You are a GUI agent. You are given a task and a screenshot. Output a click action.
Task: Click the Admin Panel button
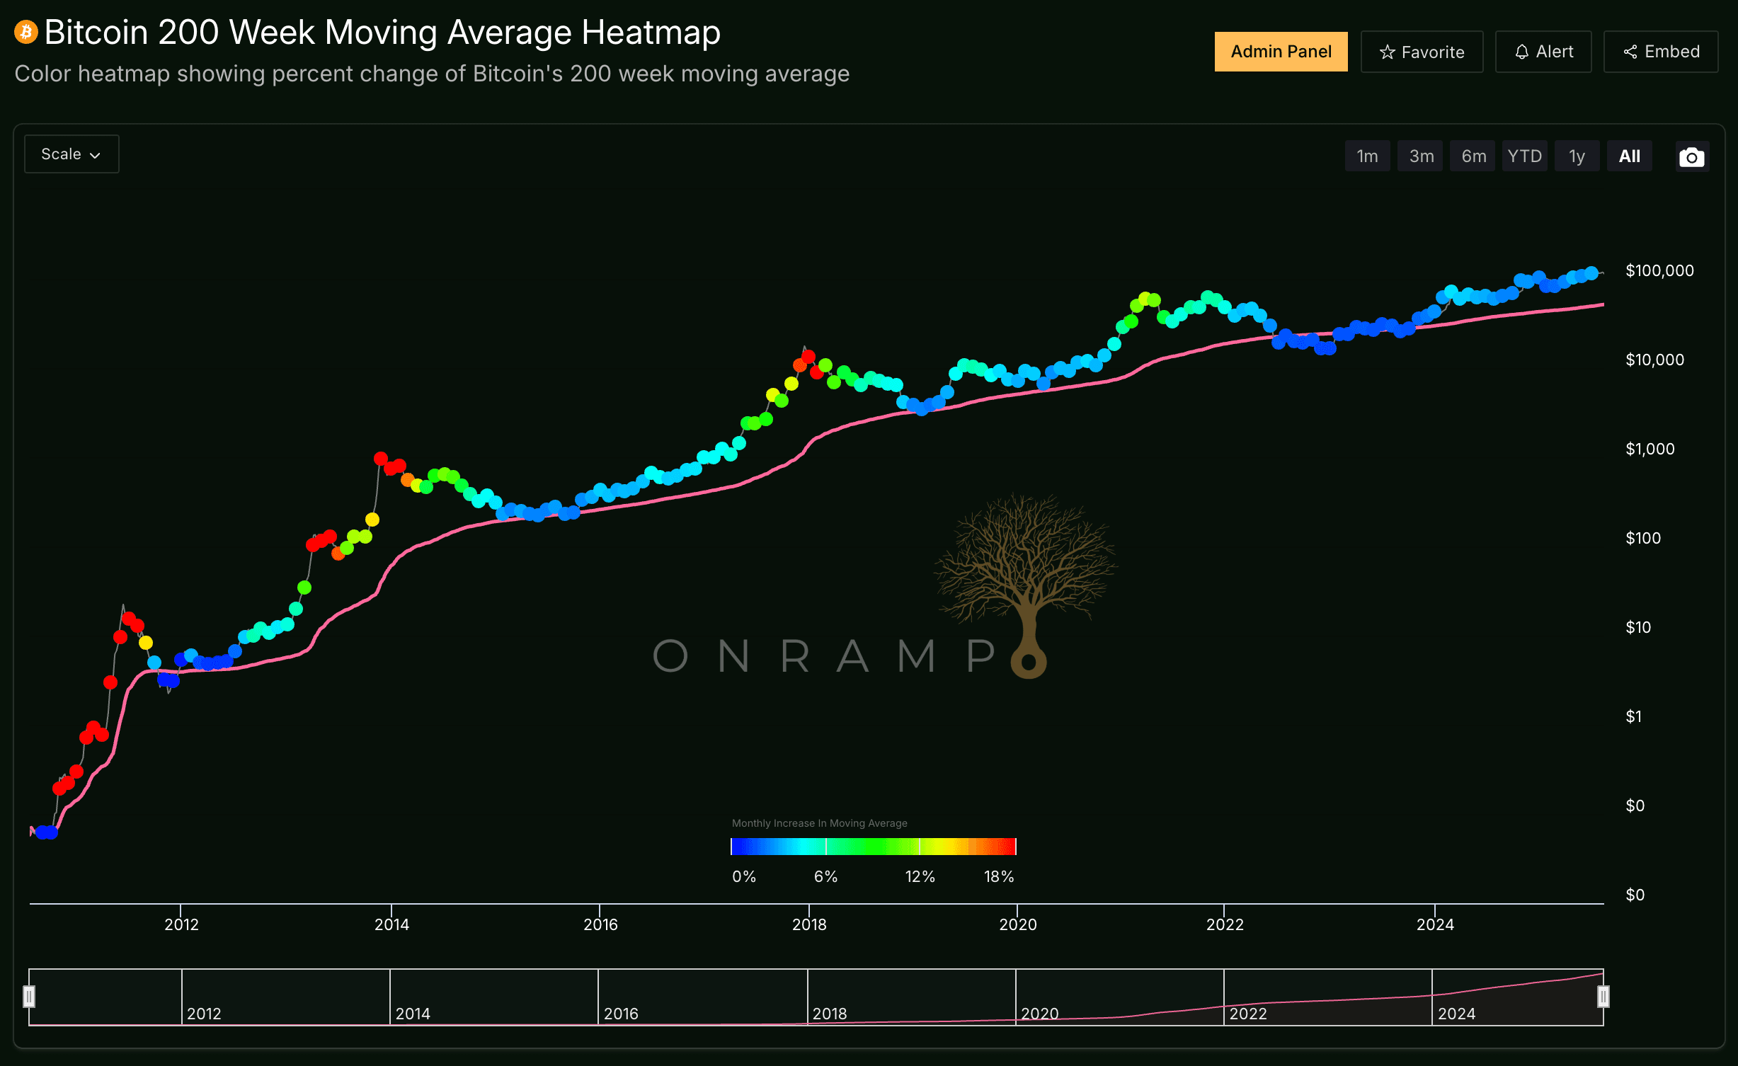[x=1281, y=52]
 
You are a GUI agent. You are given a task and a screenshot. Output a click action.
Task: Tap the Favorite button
[x=1422, y=52]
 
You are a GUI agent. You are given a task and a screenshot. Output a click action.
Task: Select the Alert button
[x=1543, y=52]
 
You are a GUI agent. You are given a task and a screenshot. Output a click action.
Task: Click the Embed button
[x=1660, y=52]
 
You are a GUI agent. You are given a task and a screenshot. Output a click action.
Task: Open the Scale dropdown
[x=72, y=154]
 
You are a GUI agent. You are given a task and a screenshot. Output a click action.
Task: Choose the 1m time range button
[x=1367, y=156]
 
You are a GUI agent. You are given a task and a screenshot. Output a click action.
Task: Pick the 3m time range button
[x=1421, y=156]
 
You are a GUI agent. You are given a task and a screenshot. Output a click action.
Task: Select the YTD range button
[x=1524, y=156]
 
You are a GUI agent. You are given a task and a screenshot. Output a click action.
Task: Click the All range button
[x=1629, y=156]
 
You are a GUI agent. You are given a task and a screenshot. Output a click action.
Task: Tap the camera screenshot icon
[x=1691, y=157]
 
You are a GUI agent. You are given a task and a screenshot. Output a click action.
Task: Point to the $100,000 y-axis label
[x=1659, y=270]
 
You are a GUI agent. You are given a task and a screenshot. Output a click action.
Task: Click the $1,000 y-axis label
[x=1650, y=449]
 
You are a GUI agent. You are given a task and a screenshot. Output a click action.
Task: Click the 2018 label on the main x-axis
[x=809, y=924]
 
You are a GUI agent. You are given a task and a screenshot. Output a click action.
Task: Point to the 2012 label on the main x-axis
[x=181, y=924]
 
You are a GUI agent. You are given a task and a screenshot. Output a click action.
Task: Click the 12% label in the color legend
[x=920, y=877]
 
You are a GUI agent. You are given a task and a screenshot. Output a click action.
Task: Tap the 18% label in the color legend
[x=999, y=877]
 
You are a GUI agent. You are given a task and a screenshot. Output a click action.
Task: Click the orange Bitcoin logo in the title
[x=26, y=32]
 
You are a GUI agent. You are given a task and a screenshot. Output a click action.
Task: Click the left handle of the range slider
[x=29, y=997]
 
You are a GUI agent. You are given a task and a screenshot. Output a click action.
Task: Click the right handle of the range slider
[x=1603, y=997]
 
